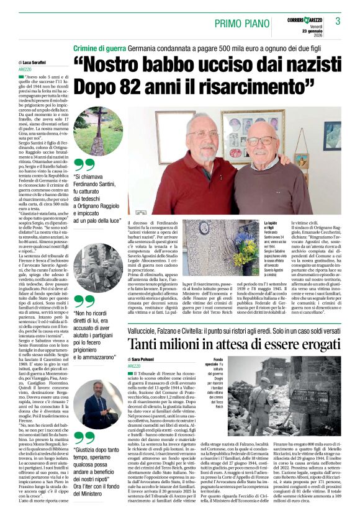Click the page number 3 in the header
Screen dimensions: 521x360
(338, 22)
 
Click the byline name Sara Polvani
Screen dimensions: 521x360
(144, 359)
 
